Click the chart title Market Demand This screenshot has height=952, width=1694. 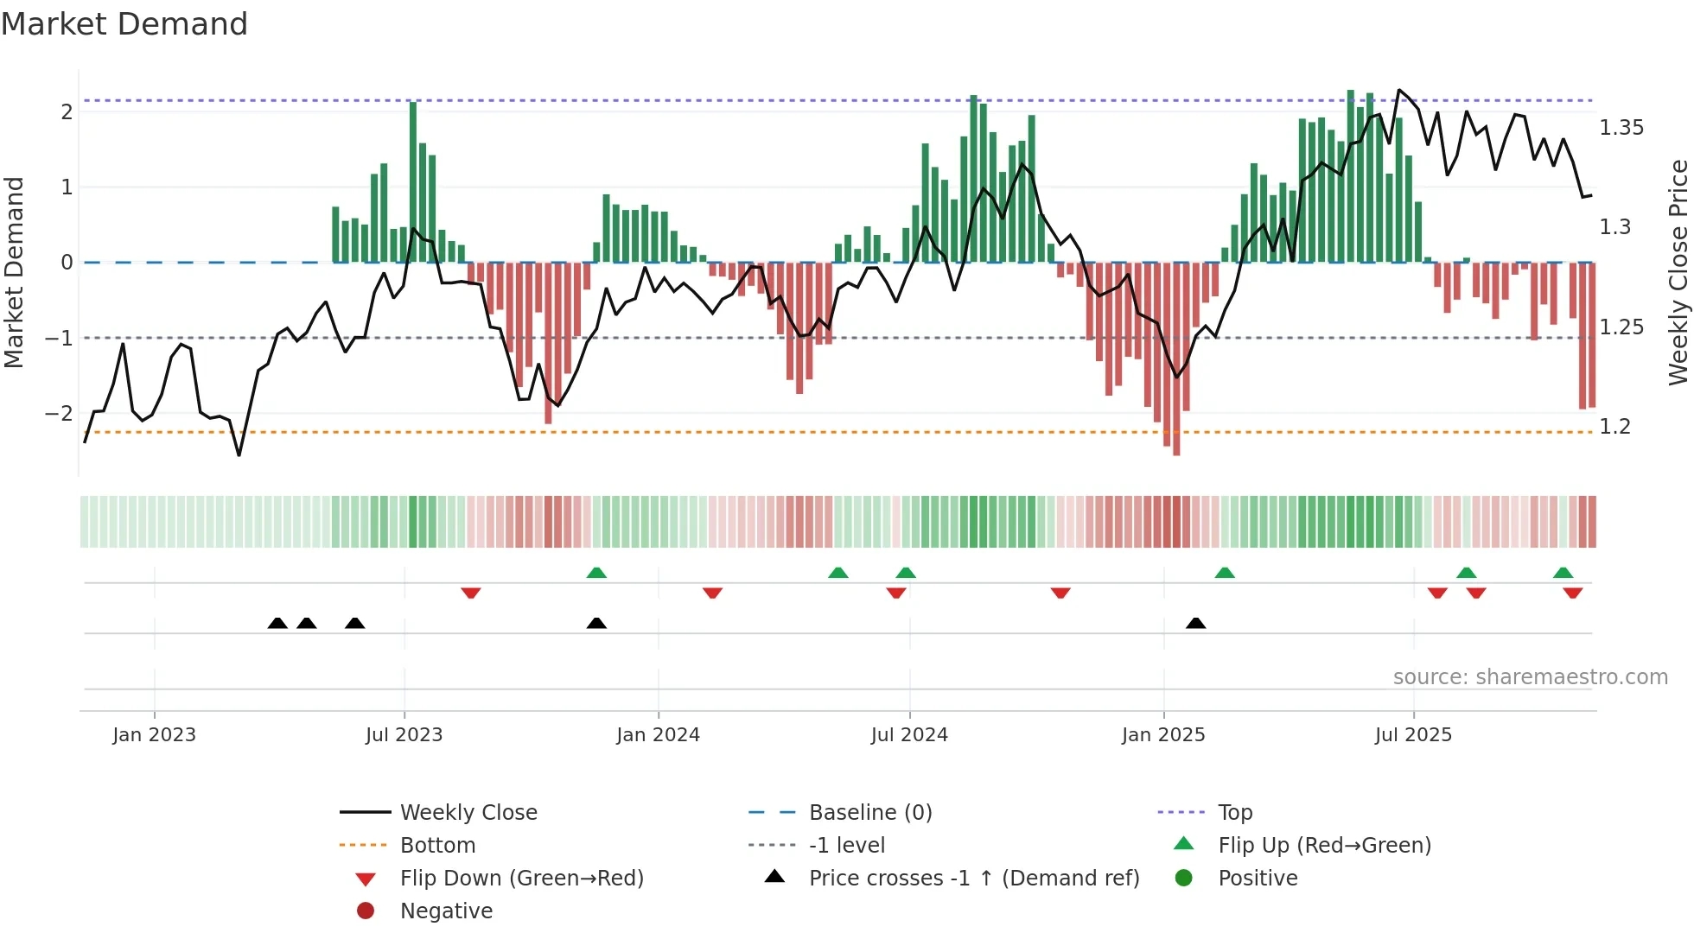pyautogui.click(x=124, y=24)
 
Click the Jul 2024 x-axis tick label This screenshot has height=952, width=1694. pyautogui.click(x=909, y=735)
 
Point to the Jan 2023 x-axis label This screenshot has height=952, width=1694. pyautogui.click(x=154, y=735)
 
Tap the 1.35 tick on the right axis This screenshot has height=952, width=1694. pyautogui.click(x=1621, y=128)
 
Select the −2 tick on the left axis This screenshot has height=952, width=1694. pyautogui.click(x=60, y=413)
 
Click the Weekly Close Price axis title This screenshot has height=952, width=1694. pyautogui.click(x=1678, y=272)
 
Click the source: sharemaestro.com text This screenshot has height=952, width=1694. pyautogui.click(x=1530, y=677)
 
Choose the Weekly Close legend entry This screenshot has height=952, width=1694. pyautogui.click(x=468, y=813)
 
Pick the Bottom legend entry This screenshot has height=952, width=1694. pyautogui.click(x=437, y=846)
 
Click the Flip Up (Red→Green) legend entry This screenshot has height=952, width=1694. pyautogui.click(x=1324, y=846)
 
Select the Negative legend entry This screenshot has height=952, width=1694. pyautogui.click(x=446, y=911)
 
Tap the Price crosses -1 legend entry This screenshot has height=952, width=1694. pyautogui.click(x=973, y=879)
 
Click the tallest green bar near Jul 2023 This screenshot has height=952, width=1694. pyautogui.click(x=413, y=181)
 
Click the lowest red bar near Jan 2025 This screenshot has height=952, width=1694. pyautogui.click(x=1176, y=359)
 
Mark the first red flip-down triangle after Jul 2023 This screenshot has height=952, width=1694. pyautogui.click(x=471, y=593)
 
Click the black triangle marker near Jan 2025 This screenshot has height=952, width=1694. pyautogui.click(x=1195, y=623)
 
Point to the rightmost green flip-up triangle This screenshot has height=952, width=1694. pyautogui.click(x=1563, y=573)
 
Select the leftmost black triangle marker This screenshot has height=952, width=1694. pyautogui.click(x=277, y=623)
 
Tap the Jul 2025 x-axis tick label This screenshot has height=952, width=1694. pyautogui.click(x=1413, y=735)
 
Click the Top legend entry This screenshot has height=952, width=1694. pyautogui.click(x=1234, y=813)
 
